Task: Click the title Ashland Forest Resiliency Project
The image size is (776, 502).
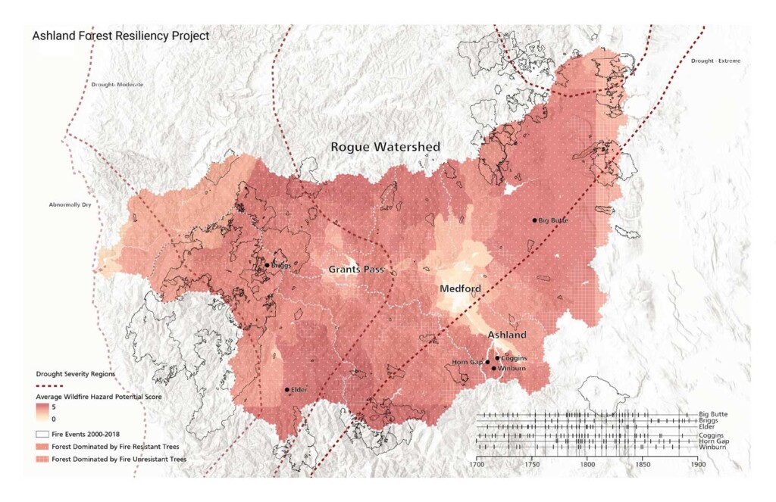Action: coord(120,36)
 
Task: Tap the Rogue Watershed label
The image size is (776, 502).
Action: coord(385,147)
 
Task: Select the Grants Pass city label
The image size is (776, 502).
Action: coord(357,270)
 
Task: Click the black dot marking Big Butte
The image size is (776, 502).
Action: coord(534,220)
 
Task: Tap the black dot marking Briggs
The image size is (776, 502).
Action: coord(267,265)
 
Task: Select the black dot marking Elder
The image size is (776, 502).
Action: coord(286,390)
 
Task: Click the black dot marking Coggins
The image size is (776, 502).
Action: coord(497,358)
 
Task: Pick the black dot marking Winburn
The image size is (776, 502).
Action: coord(494,369)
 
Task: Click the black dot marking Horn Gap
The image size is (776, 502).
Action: coord(487,362)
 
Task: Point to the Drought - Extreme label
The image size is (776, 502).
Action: coord(715,61)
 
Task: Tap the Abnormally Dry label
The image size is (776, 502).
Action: coord(65,204)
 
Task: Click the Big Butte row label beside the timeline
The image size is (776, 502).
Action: coord(712,415)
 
